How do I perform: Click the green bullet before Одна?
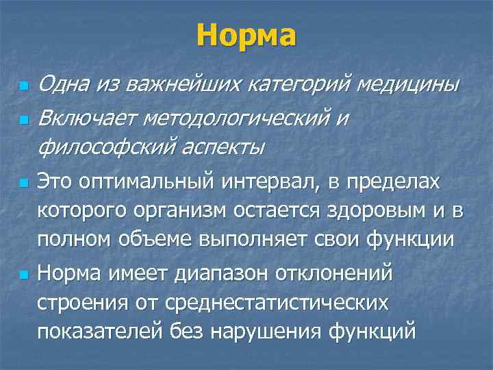pyautogui.click(x=23, y=87)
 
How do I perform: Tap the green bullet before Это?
pyautogui.click(x=23, y=184)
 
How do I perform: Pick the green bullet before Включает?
pyautogui.click(x=23, y=120)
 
